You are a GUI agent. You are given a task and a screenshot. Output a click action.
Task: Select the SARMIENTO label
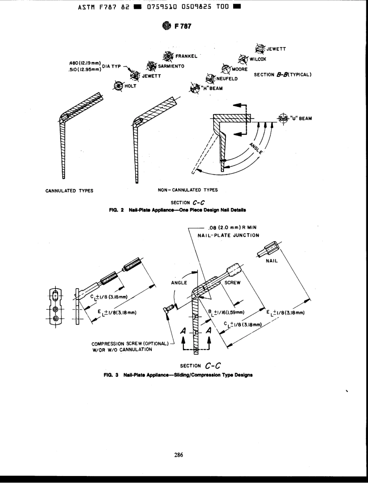(x=171, y=66)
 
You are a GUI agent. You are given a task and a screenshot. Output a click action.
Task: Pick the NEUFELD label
(x=227, y=79)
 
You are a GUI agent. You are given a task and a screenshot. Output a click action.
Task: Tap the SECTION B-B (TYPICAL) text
(x=283, y=75)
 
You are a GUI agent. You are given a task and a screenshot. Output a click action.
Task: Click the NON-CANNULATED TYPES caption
(x=187, y=190)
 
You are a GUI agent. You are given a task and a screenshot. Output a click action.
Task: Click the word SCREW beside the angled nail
(x=232, y=282)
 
